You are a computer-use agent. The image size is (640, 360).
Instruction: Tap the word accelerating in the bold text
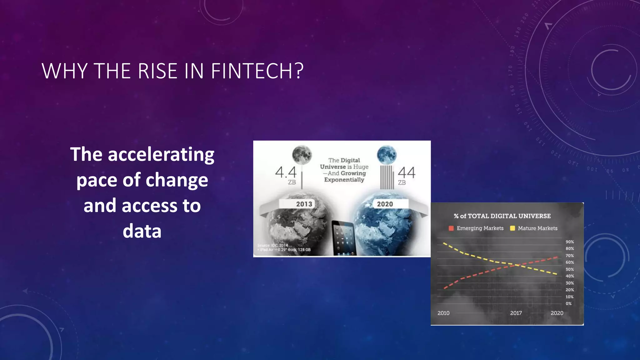point(161,154)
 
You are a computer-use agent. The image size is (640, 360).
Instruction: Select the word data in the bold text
point(142,231)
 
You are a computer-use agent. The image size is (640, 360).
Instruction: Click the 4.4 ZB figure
point(286,173)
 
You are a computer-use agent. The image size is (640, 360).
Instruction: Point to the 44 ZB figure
point(406,173)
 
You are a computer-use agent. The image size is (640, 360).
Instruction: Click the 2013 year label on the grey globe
point(304,204)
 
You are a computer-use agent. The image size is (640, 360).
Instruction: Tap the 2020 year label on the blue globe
point(385,204)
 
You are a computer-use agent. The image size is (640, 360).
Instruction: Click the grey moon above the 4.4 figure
point(302,155)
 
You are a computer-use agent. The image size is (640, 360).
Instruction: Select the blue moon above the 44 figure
point(387,155)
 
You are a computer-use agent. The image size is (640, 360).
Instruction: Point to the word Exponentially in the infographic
point(344,180)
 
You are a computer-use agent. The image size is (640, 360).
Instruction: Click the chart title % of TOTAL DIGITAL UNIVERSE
point(502,216)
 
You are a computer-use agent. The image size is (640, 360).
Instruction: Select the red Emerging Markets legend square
point(451,228)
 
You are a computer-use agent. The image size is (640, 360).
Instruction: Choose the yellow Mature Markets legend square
point(512,228)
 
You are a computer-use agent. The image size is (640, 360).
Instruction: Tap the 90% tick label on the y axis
point(570,242)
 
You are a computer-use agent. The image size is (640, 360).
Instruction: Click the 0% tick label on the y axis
point(568,303)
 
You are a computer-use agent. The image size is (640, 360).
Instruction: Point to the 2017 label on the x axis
point(516,313)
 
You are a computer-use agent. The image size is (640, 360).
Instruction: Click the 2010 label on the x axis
point(443,313)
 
